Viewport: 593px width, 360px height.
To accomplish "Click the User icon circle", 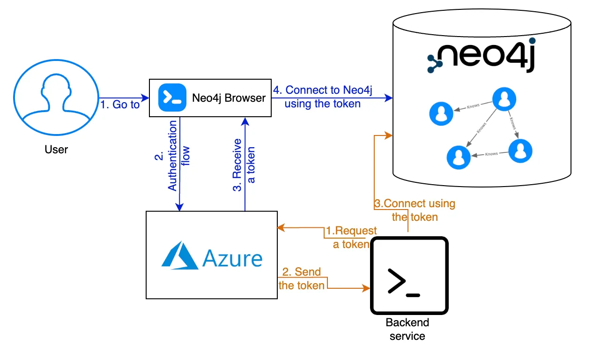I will tap(56, 97).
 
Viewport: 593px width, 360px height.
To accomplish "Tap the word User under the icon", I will tap(56, 150).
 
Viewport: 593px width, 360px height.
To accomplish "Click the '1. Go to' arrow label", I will tap(120, 105).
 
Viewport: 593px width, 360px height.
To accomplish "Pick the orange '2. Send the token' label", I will tap(302, 278).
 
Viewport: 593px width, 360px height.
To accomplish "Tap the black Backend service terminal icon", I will tap(409, 276).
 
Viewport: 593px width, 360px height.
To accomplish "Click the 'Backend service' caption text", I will tap(407, 329).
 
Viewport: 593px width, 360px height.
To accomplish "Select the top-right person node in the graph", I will tap(504, 99).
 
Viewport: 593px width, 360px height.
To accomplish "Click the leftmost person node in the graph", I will tap(441, 113).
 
